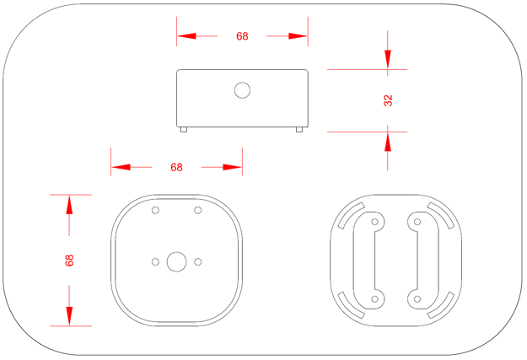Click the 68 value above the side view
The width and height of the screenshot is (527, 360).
point(242,36)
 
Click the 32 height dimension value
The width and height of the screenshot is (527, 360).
point(388,100)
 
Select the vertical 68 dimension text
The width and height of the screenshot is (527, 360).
point(69,261)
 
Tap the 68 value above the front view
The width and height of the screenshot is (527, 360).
point(176,167)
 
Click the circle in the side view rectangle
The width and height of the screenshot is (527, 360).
point(242,90)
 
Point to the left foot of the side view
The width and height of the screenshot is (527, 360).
point(184,129)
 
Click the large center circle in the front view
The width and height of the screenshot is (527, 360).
point(176,261)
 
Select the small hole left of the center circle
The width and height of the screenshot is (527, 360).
point(155,261)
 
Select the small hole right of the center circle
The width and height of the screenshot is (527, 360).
point(198,261)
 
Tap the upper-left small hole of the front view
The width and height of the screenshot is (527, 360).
point(155,210)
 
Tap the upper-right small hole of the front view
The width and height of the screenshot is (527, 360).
point(198,210)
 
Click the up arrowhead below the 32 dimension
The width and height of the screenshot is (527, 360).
point(388,141)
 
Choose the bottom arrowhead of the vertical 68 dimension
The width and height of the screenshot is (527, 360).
point(69,314)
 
